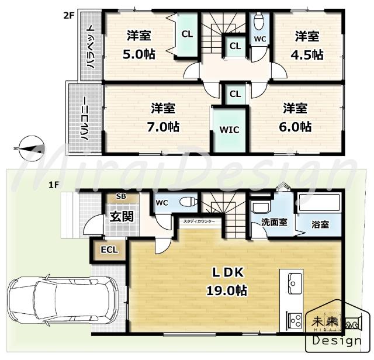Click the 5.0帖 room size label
pyautogui.click(x=138, y=55)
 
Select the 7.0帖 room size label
pyautogui.click(x=165, y=127)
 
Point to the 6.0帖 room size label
pyautogui.click(x=297, y=127)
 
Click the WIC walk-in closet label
pyautogui.click(x=230, y=130)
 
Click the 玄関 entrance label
pyautogui.click(x=122, y=216)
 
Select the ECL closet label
pyautogui.click(x=109, y=250)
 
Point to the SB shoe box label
pyautogui.click(x=121, y=196)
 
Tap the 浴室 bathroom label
pyautogui.click(x=320, y=224)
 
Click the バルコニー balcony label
pyautogui.click(x=84, y=119)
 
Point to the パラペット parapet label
pyautogui.click(x=91, y=46)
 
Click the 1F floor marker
pyautogui.click(x=54, y=185)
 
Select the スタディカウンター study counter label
pyautogui.click(x=199, y=221)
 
